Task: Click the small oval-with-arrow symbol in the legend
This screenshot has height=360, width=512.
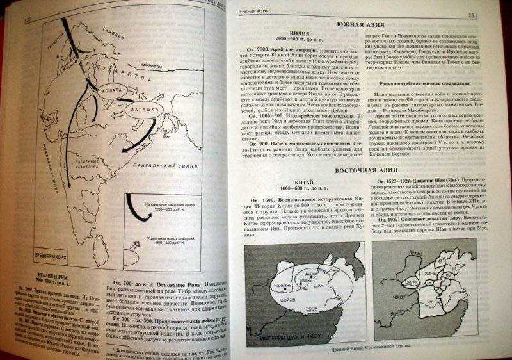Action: (137, 244)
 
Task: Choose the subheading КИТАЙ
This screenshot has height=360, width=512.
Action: (287, 181)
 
